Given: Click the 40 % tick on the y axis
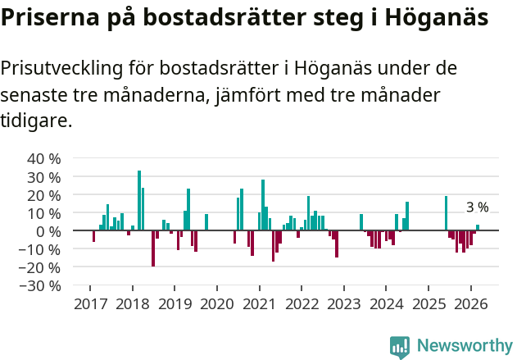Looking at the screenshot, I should [x=44, y=158].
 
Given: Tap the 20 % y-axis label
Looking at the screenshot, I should [x=44, y=194].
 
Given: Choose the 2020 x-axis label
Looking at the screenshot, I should [x=216, y=303].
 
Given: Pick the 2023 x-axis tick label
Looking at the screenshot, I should [x=344, y=303].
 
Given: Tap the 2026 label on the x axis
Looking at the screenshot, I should [x=471, y=303].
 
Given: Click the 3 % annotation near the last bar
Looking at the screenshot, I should [x=477, y=207].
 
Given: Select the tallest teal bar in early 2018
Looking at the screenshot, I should [x=139, y=200].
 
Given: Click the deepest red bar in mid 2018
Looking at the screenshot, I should [x=153, y=248].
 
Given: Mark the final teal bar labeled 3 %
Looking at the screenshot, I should [x=478, y=227].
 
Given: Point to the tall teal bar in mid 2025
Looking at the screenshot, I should [x=446, y=213].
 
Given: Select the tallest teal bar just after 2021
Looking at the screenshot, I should [x=263, y=205].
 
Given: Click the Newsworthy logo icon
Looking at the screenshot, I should [x=400, y=346].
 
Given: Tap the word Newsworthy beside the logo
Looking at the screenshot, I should [x=465, y=346].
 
